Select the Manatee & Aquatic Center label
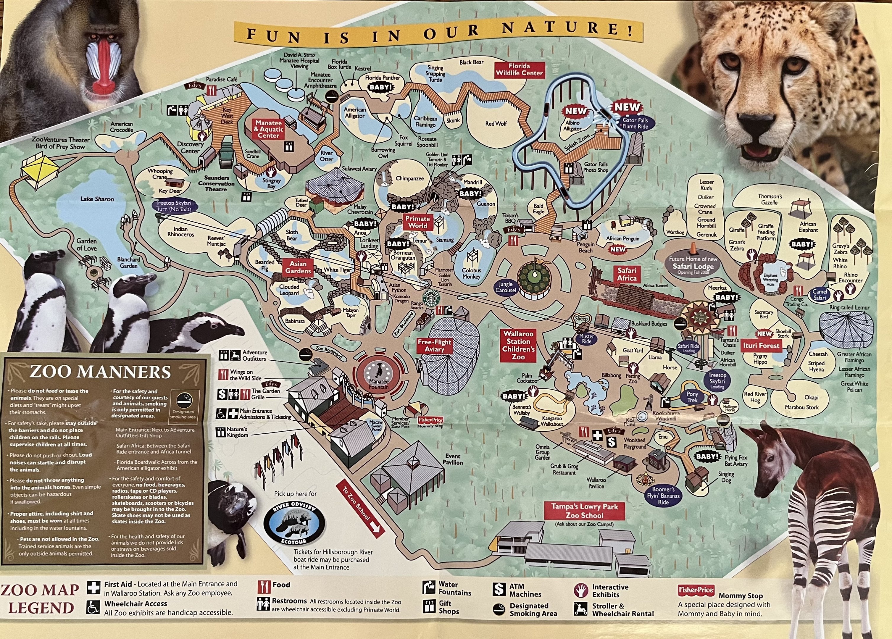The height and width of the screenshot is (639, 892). click(269, 129)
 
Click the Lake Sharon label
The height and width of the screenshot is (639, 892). click(97, 199)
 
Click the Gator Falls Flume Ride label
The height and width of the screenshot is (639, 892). click(635, 123)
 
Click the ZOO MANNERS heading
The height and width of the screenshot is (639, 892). click(100, 372)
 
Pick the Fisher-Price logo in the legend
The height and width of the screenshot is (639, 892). click(696, 590)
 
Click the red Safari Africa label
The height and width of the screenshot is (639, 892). click(627, 274)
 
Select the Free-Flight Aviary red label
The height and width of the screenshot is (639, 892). click(434, 346)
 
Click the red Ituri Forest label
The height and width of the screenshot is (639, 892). click(761, 346)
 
